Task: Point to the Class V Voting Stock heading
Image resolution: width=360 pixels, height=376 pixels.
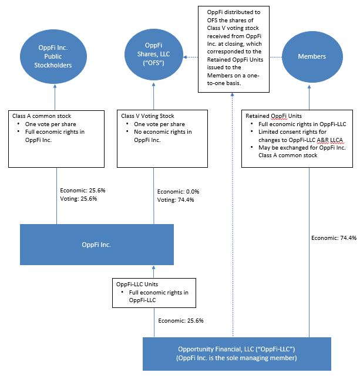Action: point(147,116)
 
